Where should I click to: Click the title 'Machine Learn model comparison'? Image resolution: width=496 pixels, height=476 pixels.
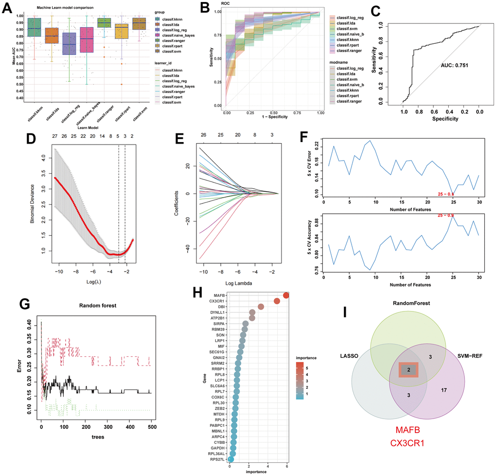click(66, 7)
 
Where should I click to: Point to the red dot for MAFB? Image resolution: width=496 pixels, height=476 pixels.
click(286, 295)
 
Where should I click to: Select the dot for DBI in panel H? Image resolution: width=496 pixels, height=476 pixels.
click(261, 307)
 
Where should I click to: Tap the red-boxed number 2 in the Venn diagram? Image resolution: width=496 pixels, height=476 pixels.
click(409, 370)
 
